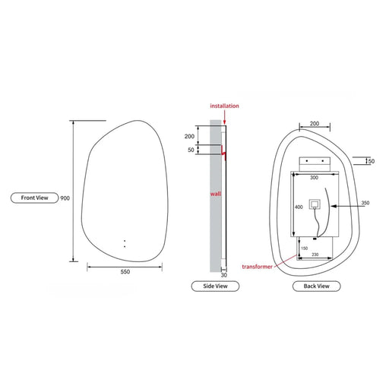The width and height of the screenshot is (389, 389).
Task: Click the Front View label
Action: click(35, 198)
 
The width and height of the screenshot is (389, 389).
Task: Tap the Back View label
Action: click(316, 286)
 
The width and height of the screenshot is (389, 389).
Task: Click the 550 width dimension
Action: click(125, 271)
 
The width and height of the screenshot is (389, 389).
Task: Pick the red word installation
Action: click(224, 106)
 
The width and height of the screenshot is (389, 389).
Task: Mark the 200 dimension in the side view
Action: click(189, 136)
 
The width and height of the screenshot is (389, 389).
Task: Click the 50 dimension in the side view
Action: click(191, 150)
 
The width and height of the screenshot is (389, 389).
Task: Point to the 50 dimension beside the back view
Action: click(371, 161)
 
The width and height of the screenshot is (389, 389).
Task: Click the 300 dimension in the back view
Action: click(313, 177)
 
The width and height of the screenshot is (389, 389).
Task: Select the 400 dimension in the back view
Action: click(298, 207)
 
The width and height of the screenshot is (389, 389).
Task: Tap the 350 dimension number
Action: click(365, 203)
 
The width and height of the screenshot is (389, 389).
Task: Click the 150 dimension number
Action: click(304, 248)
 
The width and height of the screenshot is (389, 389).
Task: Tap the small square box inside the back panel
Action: click(315, 205)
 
